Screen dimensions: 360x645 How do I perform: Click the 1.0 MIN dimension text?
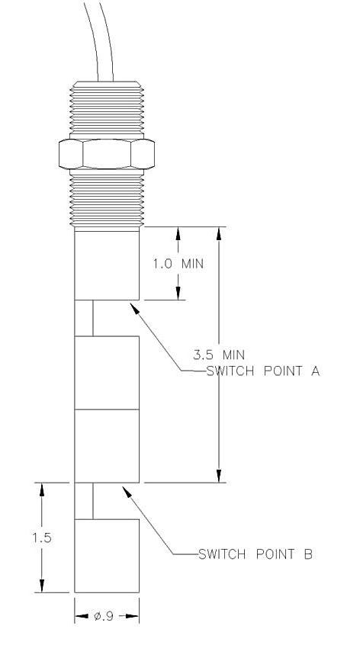pos(178,263)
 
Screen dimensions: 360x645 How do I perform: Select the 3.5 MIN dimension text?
pos(219,355)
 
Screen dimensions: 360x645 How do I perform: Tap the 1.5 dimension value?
pos(42,537)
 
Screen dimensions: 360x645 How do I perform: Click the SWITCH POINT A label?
pos(263,371)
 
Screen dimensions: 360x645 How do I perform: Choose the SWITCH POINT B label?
pos(256,554)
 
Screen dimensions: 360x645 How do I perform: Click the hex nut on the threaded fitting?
pos(107,154)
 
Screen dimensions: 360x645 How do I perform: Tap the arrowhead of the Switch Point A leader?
pos(134,308)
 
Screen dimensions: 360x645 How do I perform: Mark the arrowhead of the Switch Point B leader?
pos(127,492)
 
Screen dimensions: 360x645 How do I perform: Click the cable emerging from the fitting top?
pos(98,41)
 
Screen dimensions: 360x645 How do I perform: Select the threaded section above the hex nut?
pos(107,107)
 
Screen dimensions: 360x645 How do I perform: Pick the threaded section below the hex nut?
pos(107,198)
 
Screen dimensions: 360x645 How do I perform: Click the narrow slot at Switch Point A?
pos(84,318)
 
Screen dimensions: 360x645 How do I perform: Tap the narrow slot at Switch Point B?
pos(84,501)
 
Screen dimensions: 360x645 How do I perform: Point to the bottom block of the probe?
pos(107,556)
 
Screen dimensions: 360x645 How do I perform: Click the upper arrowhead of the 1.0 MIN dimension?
pos(178,234)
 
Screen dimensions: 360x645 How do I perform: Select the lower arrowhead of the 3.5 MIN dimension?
pos(219,475)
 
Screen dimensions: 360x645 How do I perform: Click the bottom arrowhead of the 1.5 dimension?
pos(41,586)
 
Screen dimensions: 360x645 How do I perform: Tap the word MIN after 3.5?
pos(233,355)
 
